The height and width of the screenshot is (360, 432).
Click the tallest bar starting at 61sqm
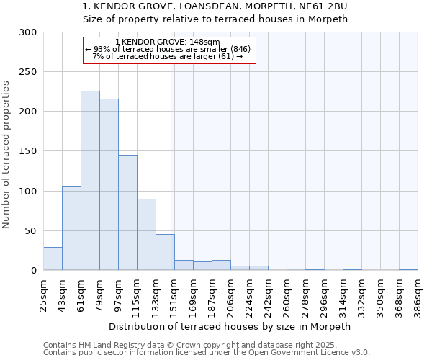coord(90,181)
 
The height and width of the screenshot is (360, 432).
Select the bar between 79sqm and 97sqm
coord(109,184)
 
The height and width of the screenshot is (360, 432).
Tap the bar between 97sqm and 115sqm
coord(127,212)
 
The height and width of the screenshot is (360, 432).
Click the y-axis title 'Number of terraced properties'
coord(6,155)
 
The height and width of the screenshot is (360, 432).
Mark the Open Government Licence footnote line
coord(207,353)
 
